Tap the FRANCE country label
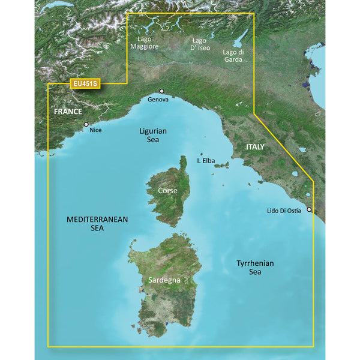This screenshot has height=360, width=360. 68,112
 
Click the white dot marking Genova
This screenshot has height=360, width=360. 161,92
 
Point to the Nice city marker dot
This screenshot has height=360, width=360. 86,124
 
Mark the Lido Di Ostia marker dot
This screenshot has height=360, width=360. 309,210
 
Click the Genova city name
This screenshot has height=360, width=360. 158,100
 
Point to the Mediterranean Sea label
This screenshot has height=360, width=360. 97,224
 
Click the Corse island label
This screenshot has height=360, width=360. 167,190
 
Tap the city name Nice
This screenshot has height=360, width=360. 95,130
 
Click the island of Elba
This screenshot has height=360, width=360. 221,164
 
